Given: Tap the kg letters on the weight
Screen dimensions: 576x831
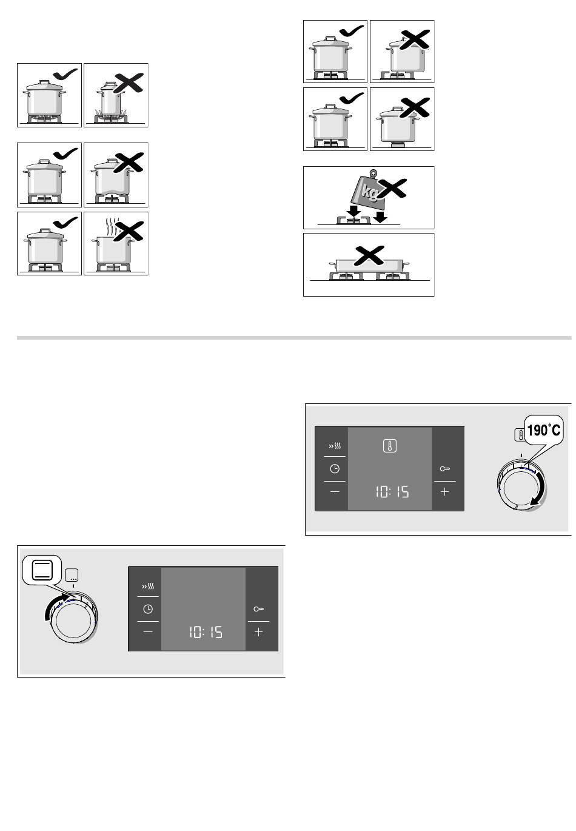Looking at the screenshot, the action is (x=370, y=191).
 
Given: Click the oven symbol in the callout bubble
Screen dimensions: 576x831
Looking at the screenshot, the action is (x=42, y=570).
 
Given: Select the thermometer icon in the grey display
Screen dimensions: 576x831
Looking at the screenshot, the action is (x=389, y=446).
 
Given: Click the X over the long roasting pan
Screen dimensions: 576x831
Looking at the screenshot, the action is (x=369, y=255).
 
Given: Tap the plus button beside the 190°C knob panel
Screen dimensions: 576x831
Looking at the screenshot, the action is (x=444, y=491).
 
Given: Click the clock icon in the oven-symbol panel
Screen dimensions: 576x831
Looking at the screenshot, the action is (x=147, y=609).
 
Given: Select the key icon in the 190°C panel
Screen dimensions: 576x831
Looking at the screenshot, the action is (x=444, y=469).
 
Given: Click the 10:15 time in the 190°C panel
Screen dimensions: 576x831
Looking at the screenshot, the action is (x=392, y=492).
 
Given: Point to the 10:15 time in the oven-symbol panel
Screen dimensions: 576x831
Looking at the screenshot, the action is (x=206, y=632).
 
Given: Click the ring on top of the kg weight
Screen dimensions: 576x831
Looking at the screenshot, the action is (x=373, y=173).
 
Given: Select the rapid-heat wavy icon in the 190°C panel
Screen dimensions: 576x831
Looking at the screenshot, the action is (x=334, y=446).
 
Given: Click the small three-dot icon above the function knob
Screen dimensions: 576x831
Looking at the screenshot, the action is (x=72, y=574).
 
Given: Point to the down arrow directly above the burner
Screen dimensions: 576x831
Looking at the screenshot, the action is (x=354, y=212).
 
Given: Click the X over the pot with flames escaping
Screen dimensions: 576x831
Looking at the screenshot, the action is (x=129, y=82).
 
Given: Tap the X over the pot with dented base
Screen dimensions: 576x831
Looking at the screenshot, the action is (x=129, y=162).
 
